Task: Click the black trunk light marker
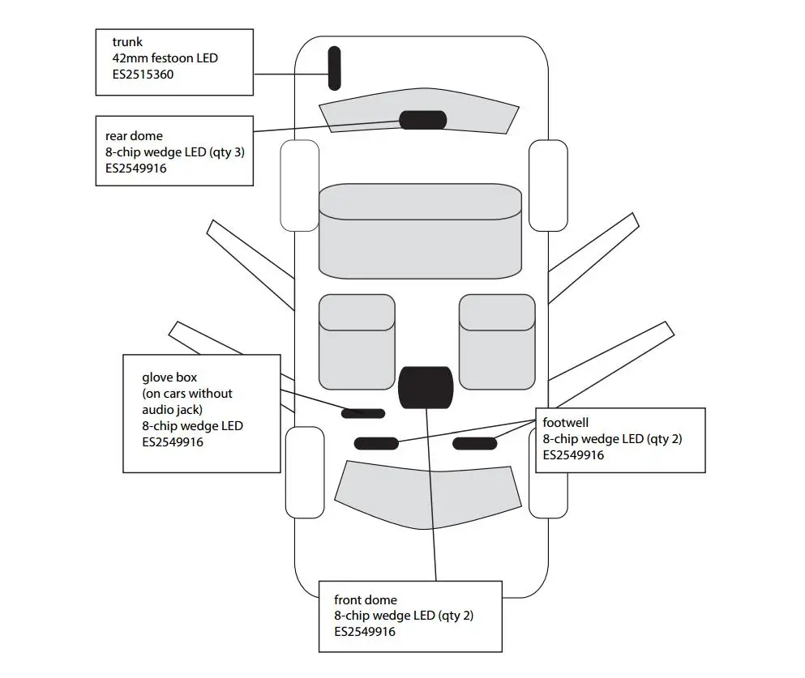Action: pos(334,68)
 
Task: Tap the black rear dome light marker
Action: pos(423,120)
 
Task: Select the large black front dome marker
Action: pos(426,388)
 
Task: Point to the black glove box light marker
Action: pos(363,413)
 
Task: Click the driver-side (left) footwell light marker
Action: pos(376,444)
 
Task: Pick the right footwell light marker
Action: pos(475,444)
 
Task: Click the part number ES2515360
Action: pos(143,75)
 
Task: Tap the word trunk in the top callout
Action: pos(127,42)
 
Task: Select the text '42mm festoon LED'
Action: pos(165,58)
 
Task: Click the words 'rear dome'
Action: pos(134,136)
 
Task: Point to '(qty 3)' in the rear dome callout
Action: pos(227,152)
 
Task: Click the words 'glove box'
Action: pos(169,377)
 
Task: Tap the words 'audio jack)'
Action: pos(173,410)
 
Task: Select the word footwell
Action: pos(566,423)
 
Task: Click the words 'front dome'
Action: pos(366,599)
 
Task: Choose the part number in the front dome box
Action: pos(365,632)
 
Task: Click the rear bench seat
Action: pos(421,232)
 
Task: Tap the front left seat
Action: pos(357,342)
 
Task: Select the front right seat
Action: pos(497,342)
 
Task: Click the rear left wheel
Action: pos(300,185)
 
